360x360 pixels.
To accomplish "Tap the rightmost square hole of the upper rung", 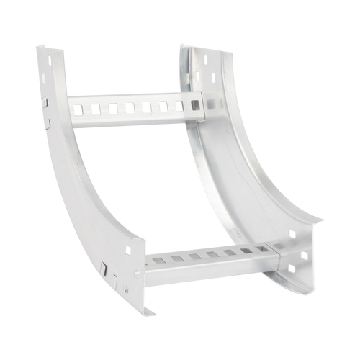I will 196,107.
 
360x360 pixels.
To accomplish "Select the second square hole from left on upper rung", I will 94,110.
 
